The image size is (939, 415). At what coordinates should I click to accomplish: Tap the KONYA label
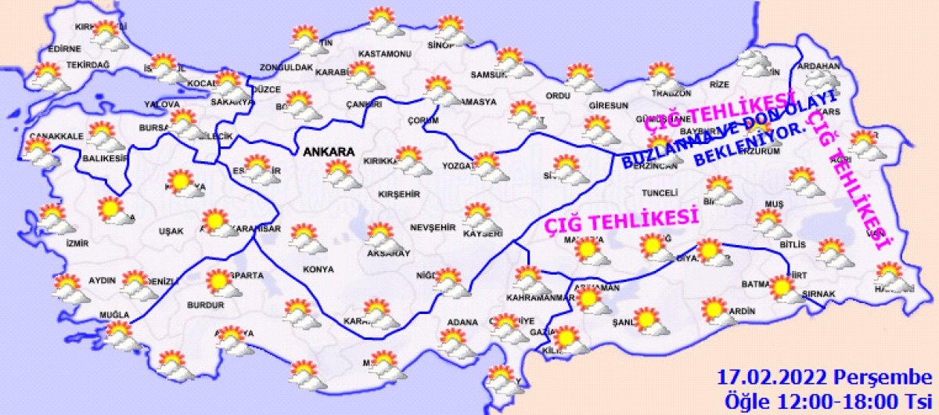coord(318,269)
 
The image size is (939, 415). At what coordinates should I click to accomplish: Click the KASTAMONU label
coord(384,54)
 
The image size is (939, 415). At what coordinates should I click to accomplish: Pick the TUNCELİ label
coord(658,192)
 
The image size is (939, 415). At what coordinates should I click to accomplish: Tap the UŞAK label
coord(170,231)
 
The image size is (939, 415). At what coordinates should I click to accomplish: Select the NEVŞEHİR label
coord(432,227)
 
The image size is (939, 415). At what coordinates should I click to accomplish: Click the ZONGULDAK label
coord(286,68)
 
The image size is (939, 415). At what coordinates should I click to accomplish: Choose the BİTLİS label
coord(792,245)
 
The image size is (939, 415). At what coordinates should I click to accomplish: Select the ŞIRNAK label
coord(819,294)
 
